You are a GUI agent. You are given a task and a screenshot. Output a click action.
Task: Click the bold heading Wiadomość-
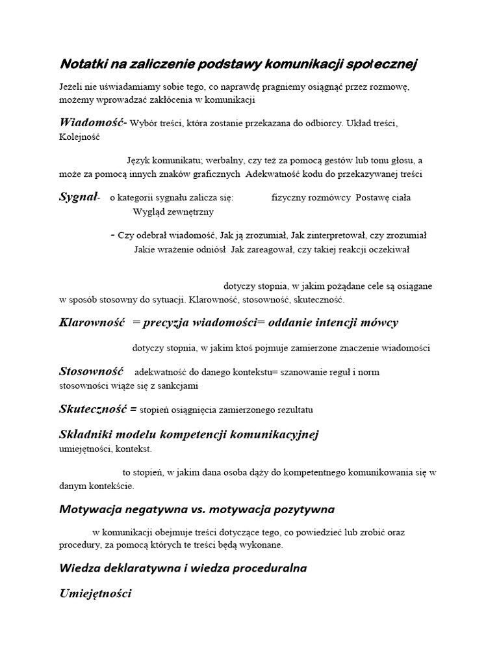93,122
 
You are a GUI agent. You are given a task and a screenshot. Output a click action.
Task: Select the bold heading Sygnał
78,197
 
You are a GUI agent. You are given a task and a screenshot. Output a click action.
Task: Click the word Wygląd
148,211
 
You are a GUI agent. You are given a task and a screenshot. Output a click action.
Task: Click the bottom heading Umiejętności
96,593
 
